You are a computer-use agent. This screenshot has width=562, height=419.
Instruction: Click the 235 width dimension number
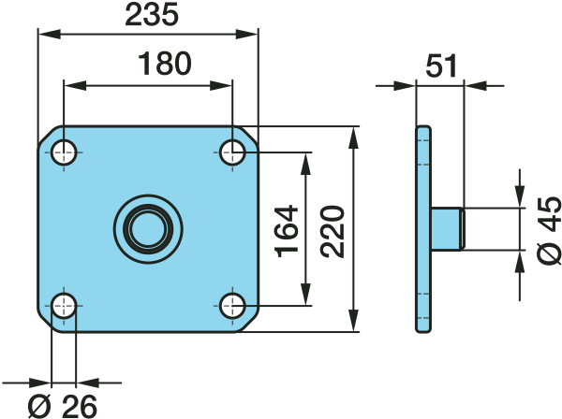152,15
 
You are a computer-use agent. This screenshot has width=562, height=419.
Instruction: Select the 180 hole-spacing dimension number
165,64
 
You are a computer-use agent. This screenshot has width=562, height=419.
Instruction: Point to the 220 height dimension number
333,231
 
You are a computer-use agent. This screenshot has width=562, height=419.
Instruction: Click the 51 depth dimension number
441,65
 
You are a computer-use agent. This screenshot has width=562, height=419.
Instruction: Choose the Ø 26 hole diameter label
63,406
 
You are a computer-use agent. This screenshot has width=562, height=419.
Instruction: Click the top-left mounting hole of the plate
64,152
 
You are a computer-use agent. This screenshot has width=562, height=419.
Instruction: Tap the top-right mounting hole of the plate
232,152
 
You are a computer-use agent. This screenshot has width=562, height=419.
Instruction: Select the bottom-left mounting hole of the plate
64,306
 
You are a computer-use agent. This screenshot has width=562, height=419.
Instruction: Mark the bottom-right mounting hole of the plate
232,306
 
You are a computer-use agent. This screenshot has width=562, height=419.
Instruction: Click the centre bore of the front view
148,229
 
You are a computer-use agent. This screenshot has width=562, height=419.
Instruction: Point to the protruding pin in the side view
448,229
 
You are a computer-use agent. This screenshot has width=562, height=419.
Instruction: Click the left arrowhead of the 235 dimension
49,35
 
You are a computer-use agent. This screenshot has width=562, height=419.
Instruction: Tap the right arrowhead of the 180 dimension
221,85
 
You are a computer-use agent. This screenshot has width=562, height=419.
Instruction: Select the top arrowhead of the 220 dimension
354,137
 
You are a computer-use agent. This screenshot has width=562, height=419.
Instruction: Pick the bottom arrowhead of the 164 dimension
305,295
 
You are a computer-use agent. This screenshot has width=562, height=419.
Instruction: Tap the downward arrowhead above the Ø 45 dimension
520,196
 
